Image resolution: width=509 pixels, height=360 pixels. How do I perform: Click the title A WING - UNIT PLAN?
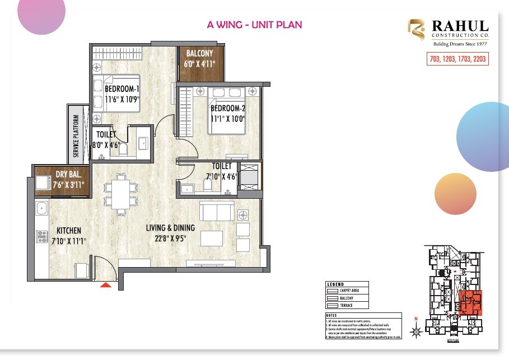point(254,25)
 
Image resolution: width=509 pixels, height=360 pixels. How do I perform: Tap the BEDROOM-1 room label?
point(122,89)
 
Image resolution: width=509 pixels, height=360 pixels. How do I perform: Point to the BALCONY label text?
point(199,54)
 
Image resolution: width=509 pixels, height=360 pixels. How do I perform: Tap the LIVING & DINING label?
point(170,228)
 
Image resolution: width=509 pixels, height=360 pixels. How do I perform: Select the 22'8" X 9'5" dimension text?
point(170,237)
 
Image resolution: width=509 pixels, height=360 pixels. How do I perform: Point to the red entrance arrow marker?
point(105,286)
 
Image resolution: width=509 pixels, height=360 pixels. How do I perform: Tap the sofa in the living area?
point(217,212)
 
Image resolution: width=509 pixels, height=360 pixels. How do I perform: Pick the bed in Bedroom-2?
point(226,111)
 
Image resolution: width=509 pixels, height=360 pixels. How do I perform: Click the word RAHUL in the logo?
point(460,27)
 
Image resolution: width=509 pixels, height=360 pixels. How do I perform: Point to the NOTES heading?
point(331,315)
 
